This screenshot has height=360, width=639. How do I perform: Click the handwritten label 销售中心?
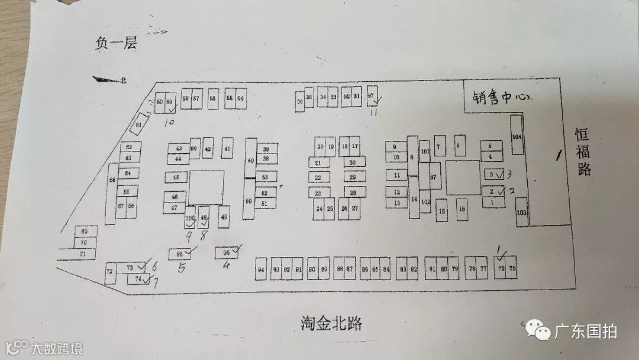click(x=499, y=98)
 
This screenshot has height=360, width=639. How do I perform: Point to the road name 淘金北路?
click(x=331, y=324)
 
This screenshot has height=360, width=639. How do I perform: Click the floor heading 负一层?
click(x=116, y=44)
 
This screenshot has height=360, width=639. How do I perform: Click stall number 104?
click(x=517, y=136)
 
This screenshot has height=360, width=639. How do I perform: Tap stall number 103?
click(x=521, y=211)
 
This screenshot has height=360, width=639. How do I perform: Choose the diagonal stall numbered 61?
click(x=138, y=124)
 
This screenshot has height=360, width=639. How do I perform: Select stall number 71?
click(x=83, y=254)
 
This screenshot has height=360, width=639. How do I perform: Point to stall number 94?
click(x=261, y=269)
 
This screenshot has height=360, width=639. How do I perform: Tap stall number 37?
click(x=434, y=176)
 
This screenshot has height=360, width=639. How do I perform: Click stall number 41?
click(x=227, y=148)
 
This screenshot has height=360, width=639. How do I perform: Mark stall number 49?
click(x=224, y=217)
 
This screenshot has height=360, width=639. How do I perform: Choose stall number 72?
click(x=109, y=272)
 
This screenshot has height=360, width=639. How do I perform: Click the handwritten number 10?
click(x=170, y=123)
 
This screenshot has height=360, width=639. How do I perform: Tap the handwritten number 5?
click(x=182, y=268)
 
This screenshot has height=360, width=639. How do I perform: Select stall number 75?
click(x=512, y=268)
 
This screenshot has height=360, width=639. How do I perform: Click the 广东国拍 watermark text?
click(x=585, y=330)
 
